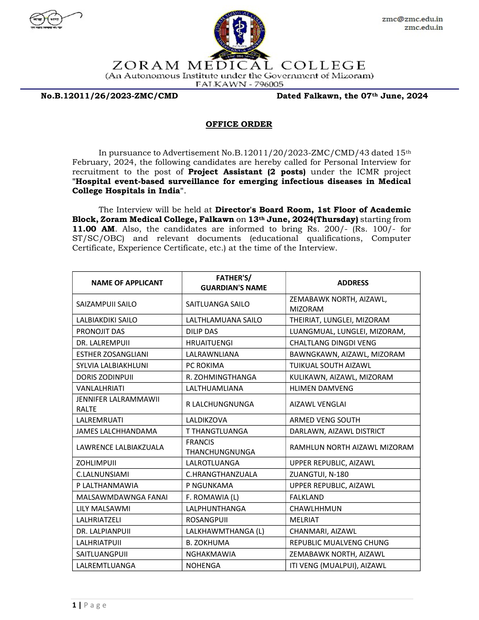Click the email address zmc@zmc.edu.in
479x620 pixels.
(412, 19)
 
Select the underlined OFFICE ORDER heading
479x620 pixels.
(239, 124)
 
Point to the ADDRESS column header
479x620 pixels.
(353, 283)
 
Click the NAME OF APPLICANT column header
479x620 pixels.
(127, 283)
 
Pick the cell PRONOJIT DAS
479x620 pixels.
(101, 331)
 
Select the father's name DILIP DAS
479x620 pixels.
(202, 331)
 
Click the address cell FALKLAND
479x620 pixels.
(307, 497)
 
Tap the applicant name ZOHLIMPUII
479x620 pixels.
(96, 463)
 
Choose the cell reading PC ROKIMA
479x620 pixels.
(205, 365)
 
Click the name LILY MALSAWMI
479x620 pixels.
(103, 509)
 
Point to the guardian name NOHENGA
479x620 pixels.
(203, 565)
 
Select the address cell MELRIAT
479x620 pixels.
(304, 520)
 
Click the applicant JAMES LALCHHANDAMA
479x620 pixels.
(116, 431)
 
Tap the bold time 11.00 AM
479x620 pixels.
(94, 229)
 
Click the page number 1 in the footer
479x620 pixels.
(74, 605)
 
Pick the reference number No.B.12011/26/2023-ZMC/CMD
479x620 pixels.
(109, 96)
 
